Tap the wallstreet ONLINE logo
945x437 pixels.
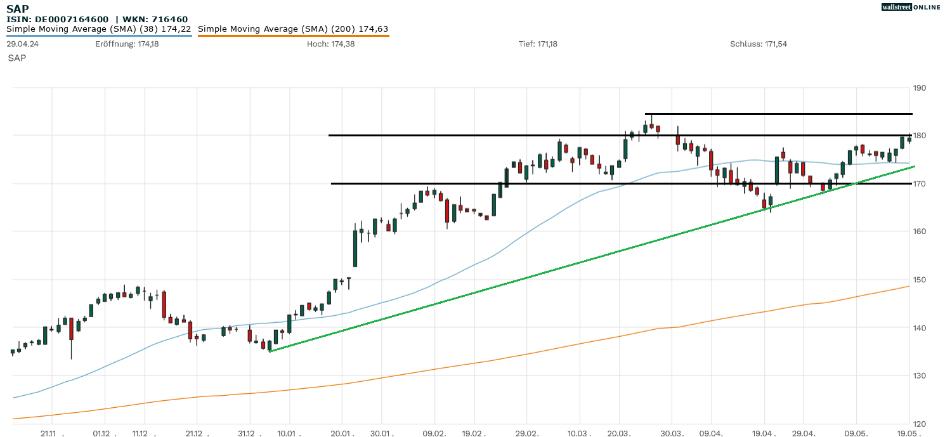click(x=911, y=7)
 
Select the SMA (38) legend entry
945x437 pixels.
click(x=99, y=29)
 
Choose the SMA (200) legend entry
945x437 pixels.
click(x=293, y=29)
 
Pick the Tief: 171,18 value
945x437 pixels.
click(x=538, y=44)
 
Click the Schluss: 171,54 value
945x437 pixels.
click(x=759, y=44)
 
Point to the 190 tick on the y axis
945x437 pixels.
click(x=920, y=88)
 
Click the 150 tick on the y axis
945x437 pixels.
click(x=920, y=280)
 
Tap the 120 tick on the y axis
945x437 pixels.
click(x=920, y=424)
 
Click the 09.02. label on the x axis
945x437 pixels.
click(x=434, y=434)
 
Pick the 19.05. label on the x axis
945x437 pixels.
click(x=909, y=434)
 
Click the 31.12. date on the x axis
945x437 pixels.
click(x=250, y=434)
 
